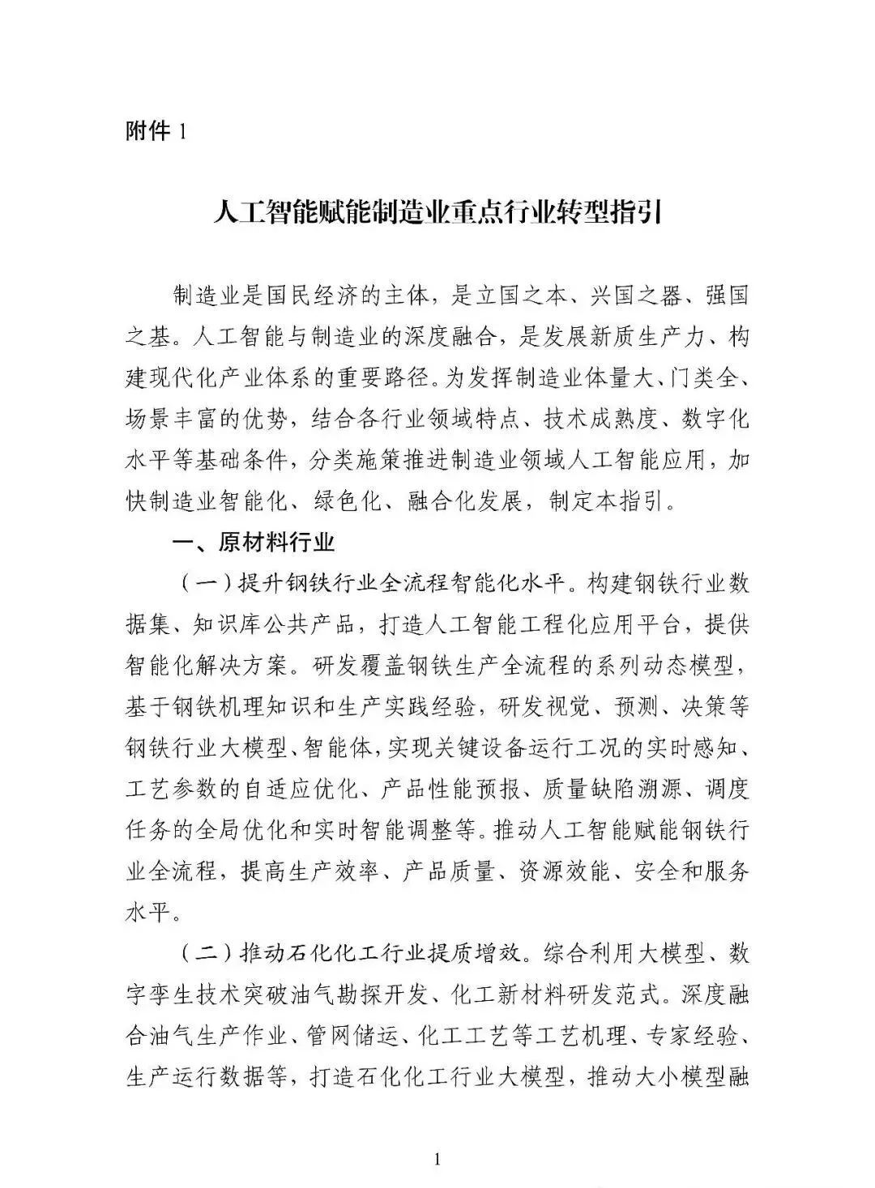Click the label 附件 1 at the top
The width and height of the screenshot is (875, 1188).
coord(156,130)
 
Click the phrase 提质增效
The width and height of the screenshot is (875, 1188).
coord(473,952)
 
